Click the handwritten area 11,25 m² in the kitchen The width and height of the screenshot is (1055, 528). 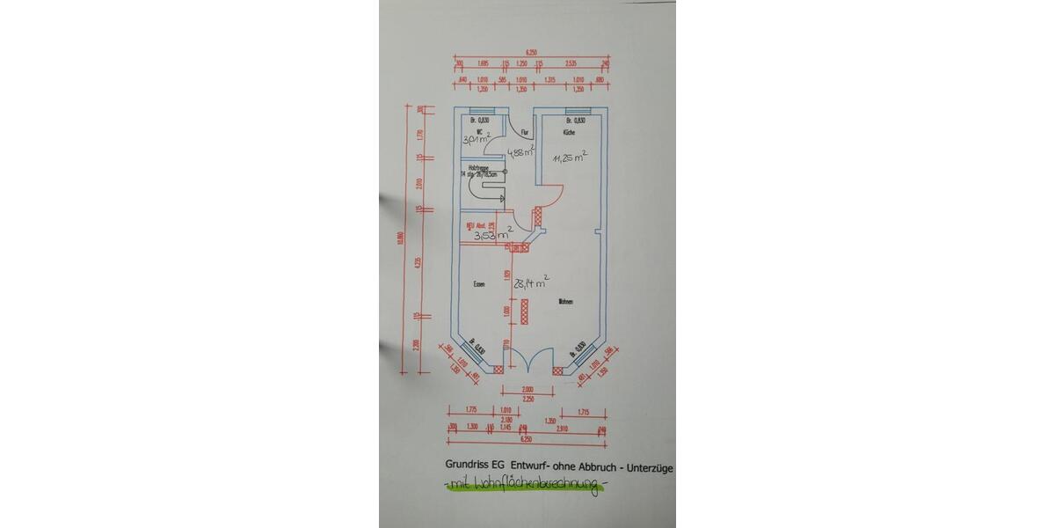(x=569, y=159)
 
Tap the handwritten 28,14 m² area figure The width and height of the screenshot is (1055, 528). (x=533, y=283)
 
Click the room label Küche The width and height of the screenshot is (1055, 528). (x=569, y=133)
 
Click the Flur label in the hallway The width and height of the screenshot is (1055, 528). (x=524, y=134)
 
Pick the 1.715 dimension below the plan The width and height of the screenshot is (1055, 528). (x=583, y=411)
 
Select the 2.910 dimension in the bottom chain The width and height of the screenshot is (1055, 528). (x=563, y=429)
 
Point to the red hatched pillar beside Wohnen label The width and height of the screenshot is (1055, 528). (x=526, y=312)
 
